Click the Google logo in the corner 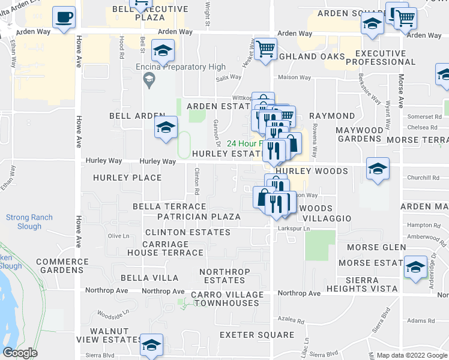pyautogui.click(x=20, y=353)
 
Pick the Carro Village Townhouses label pyautogui.click(x=227, y=299)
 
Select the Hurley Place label pyautogui.click(x=127, y=178)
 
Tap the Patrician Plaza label pyautogui.click(x=199, y=217)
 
